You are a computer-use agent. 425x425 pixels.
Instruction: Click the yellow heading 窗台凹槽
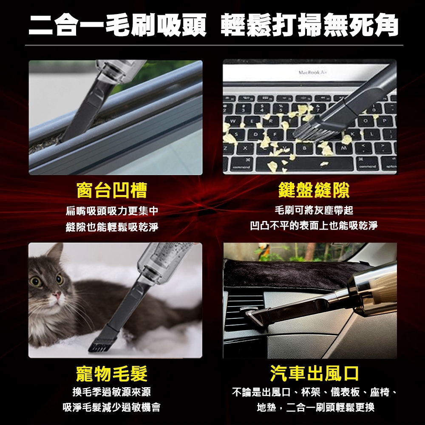pyautogui.click(x=112, y=190)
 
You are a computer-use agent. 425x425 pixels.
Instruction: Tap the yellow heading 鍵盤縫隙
pyautogui.click(x=314, y=190)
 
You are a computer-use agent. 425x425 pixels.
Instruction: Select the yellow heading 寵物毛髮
pyautogui.click(x=112, y=374)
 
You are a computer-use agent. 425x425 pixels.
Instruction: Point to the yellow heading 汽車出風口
pyautogui.click(x=314, y=373)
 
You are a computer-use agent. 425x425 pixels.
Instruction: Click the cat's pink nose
pyautogui.click(x=57, y=295)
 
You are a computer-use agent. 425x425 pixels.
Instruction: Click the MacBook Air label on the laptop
pyautogui.click(x=312, y=72)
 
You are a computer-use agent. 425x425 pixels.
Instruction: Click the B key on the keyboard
pyautogui.click(x=304, y=148)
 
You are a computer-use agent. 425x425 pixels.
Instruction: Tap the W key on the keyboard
pyautogui.click(x=232, y=121)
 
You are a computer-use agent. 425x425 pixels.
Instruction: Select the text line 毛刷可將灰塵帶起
pyautogui.click(x=314, y=210)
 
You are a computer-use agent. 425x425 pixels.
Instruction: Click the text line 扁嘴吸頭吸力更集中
pyautogui.click(x=112, y=211)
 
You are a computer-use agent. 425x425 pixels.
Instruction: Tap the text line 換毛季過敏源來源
pyautogui.click(x=111, y=392)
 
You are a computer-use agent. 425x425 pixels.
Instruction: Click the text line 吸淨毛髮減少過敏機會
pyautogui.click(x=111, y=407)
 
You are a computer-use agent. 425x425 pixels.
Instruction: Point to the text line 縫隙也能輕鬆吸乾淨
pyautogui.click(x=112, y=227)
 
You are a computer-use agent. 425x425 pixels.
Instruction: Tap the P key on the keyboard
pyautogui.click(x=384, y=121)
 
